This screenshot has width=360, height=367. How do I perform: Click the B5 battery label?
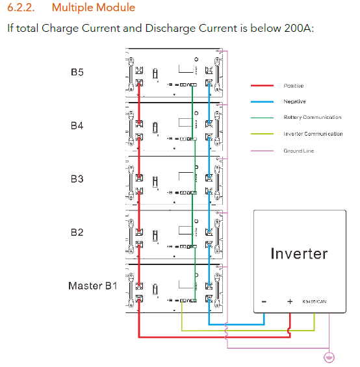77,72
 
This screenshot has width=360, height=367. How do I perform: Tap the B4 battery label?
77,125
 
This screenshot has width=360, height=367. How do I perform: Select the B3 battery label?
77,179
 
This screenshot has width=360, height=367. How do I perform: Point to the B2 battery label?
77,233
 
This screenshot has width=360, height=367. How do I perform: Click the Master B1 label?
93,286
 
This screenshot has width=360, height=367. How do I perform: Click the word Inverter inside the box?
299,253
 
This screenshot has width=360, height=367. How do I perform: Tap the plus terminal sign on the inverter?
290,301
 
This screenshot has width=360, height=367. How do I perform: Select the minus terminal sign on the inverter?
264,301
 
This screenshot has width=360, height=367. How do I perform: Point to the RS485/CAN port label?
315,301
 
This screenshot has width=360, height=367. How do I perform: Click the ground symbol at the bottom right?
329,357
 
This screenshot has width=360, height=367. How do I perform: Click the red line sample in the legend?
262,86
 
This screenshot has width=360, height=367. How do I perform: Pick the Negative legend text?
294,101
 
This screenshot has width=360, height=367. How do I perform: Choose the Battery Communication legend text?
313,118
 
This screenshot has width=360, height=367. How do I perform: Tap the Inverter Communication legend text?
313,134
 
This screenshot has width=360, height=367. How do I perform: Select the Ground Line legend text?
299,151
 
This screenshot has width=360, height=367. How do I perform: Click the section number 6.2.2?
21,8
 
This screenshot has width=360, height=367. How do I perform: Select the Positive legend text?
294,86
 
